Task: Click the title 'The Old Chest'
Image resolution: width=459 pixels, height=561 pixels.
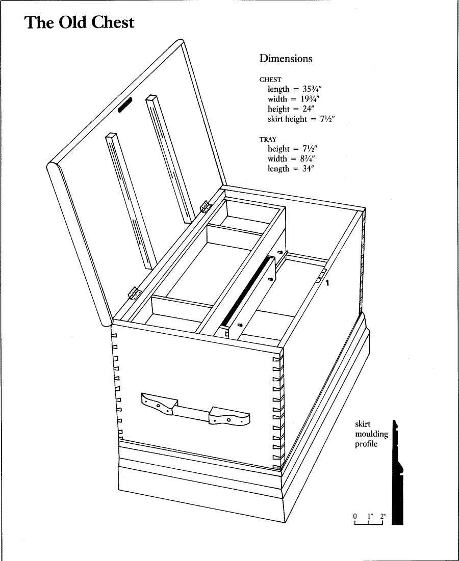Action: tap(80, 23)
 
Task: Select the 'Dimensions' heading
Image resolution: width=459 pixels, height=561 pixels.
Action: tap(286, 59)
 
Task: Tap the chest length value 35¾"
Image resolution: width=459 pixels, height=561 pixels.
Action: tap(304, 89)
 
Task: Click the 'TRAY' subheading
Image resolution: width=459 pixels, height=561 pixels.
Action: tap(268, 139)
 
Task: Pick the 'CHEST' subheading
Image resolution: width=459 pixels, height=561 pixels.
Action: tap(270, 79)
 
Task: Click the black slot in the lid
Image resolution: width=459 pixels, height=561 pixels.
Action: tap(125, 104)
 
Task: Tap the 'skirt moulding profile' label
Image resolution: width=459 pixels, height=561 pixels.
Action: tap(371, 434)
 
